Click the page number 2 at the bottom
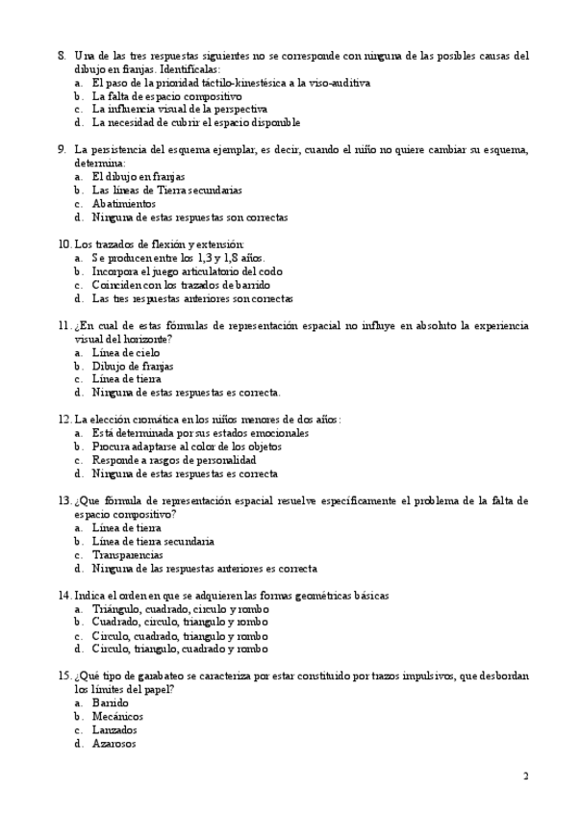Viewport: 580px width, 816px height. click(x=525, y=777)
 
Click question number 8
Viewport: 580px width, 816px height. click(x=62, y=56)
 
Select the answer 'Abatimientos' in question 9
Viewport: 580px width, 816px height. click(x=123, y=204)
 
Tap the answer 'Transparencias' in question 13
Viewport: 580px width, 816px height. click(x=127, y=555)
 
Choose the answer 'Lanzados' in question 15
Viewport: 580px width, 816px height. click(x=114, y=729)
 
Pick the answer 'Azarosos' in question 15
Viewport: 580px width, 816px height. click(x=113, y=743)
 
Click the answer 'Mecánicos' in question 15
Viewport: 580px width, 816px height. click(x=117, y=716)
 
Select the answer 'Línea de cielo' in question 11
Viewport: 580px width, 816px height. click(x=126, y=352)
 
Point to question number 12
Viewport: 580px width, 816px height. click(x=64, y=420)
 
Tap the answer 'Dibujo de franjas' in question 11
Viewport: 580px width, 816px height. click(x=133, y=366)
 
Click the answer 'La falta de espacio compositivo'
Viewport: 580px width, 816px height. click(x=166, y=96)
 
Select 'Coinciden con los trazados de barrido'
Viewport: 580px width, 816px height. click(x=181, y=285)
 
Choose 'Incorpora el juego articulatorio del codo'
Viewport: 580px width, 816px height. click(x=188, y=271)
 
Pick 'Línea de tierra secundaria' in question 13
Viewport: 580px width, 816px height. click(x=153, y=542)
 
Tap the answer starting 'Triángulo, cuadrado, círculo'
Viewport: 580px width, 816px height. click(x=180, y=609)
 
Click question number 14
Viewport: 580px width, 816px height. click(x=64, y=596)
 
